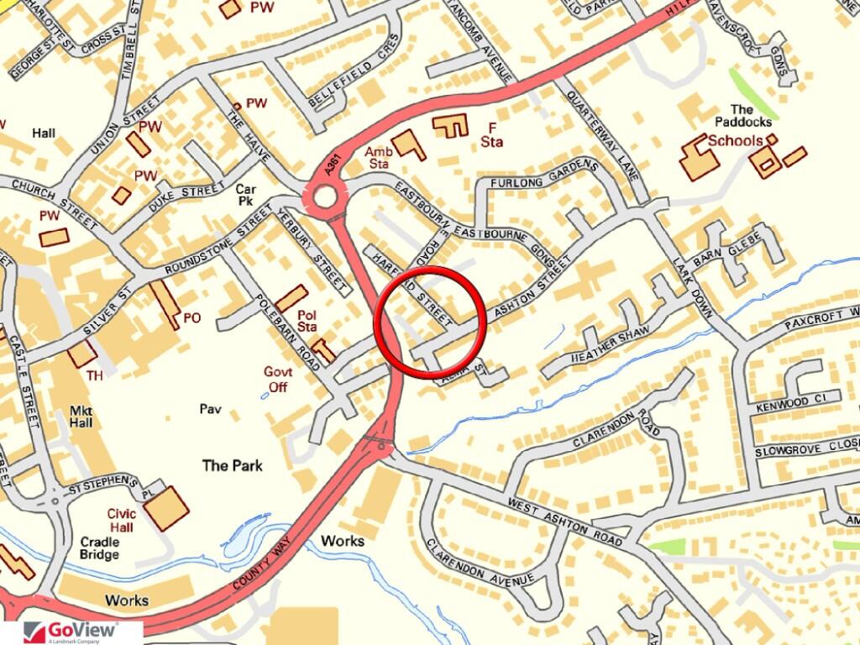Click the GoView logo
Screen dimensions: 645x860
point(71,632)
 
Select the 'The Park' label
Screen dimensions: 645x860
point(233,465)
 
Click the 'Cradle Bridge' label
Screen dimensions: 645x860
point(100,548)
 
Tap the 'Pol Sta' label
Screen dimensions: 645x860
point(307,320)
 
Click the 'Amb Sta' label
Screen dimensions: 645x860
point(379,158)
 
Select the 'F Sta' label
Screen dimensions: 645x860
point(491,134)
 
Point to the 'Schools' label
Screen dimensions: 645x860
point(736,141)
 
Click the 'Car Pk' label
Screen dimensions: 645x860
point(245,196)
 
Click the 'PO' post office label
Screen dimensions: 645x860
point(192,318)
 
